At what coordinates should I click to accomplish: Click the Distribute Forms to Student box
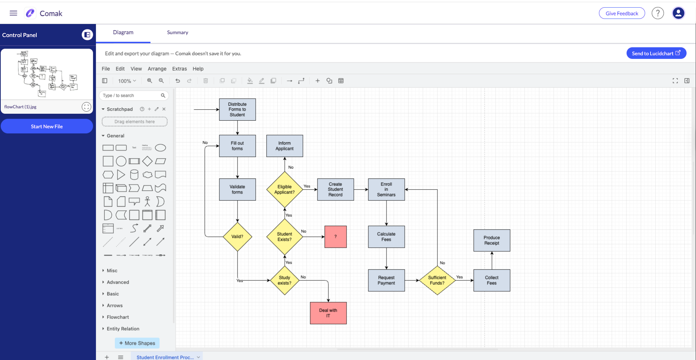coord(237,109)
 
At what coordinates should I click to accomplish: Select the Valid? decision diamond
coord(237,236)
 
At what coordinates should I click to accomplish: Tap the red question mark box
coord(335,236)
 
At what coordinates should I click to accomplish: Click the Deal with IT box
coord(328,313)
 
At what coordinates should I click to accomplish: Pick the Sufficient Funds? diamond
coord(437,280)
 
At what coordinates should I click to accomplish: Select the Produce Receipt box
coord(491,240)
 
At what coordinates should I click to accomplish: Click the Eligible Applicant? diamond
coord(284,189)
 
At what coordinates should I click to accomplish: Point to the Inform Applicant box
coord(284,146)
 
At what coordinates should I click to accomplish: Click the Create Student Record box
coord(335,189)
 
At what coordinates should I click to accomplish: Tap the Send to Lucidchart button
coord(656,53)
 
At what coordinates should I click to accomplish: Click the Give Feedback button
coord(622,13)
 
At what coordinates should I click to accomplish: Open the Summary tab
coord(177,32)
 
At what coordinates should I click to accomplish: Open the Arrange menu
coord(157,69)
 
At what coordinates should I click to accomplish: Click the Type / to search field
coord(131,96)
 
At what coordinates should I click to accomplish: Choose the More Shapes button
coord(137,343)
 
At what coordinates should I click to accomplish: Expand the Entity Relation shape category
coord(123,329)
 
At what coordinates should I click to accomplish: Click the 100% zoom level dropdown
coord(127,81)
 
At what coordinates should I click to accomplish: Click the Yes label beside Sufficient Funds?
coord(460,277)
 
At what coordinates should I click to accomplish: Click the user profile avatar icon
coord(678,13)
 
